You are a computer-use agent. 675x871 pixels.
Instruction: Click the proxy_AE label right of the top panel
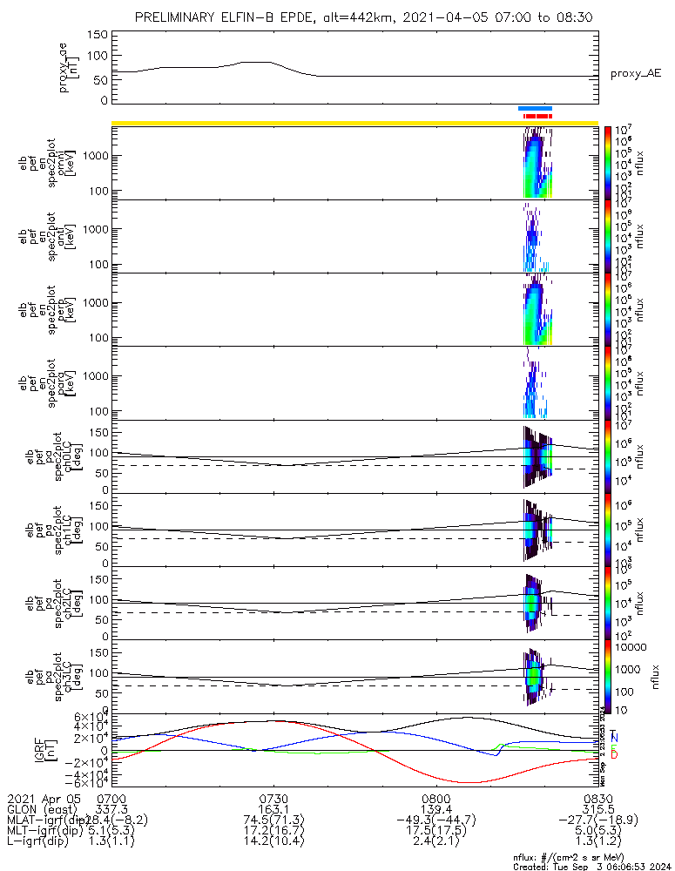[x=636, y=74]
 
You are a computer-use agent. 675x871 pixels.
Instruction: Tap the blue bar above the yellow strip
[x=535, y=108]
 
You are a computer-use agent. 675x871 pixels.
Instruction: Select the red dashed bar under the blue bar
[x=537, y=115]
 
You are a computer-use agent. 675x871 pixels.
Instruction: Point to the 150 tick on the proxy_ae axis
[x=98, y=35]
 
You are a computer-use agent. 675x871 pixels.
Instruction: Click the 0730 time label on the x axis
[x=273, y=798]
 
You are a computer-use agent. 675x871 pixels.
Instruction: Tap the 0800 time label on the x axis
[x=435, y=798]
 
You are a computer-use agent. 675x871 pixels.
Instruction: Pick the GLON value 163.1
[x=273, y=808]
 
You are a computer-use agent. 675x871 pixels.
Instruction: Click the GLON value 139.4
[x=435, y=808]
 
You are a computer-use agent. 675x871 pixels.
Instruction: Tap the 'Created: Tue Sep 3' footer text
[x=589, y=865]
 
